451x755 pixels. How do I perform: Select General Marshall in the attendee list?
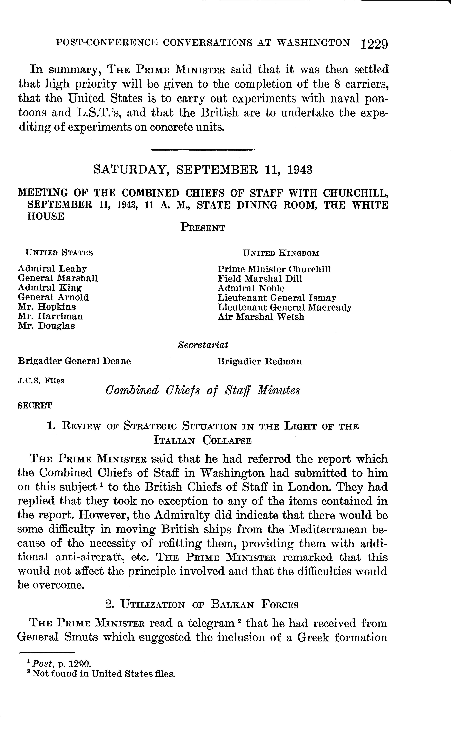(58, 278)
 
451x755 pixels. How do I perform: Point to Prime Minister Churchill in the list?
(274, 269)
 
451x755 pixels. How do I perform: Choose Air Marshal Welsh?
(261, 317)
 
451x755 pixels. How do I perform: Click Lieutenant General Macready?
(284, 307)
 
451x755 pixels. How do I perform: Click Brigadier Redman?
(260, 361)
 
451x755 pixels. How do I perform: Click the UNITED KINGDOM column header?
(281, 253)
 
